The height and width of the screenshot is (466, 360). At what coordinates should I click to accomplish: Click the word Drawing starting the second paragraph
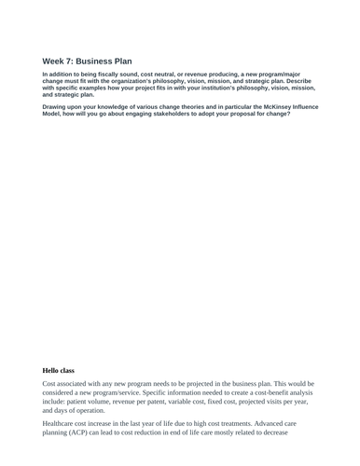(56, 107)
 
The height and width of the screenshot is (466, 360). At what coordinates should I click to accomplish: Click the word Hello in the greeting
(54, 370)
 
